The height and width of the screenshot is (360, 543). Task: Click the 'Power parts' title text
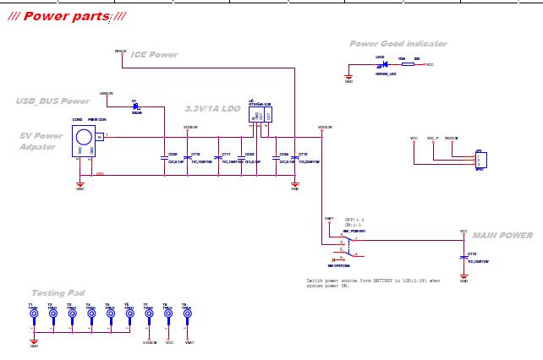(67, 16)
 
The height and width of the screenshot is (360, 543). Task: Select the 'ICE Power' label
(154, 55)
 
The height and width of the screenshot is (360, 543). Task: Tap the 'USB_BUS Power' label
(52, 101)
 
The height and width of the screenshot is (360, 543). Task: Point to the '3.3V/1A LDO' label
(212, 109)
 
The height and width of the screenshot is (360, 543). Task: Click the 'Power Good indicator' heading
(398, 44)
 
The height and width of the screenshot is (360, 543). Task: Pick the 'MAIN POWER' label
(502, 236)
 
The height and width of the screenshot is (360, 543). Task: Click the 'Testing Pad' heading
(58, 293)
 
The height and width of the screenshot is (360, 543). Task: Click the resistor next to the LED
(408, 63)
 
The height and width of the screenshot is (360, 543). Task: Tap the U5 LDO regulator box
(261, 114)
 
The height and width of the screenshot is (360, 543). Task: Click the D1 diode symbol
(136, 107)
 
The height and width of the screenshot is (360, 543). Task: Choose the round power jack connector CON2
(83, 138)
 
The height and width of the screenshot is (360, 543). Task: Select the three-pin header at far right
(480, 160)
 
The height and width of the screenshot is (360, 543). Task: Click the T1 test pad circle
(34, 314)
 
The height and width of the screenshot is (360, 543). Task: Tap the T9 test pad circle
(187, 314)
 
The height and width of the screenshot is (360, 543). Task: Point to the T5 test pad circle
(110, 314)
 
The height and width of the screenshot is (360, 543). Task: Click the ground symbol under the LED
(348, 79)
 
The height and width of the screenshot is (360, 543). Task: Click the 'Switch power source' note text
(373, 282)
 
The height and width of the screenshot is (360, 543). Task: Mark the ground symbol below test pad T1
(34, 342)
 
